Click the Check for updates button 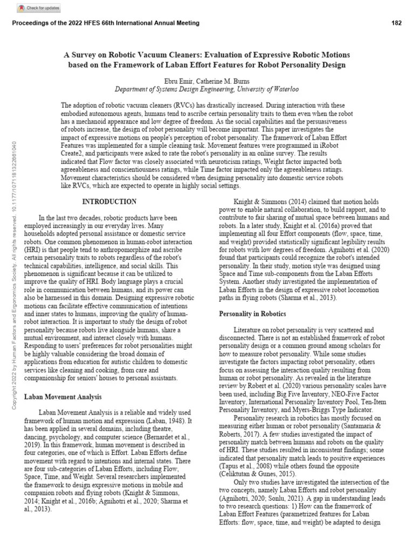coord(39,8)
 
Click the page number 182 coord(396,23)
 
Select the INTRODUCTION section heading coord(109,202)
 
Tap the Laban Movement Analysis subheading coord(63,397)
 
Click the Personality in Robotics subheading coord(252,314)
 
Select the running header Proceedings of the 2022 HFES coord(105,23)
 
